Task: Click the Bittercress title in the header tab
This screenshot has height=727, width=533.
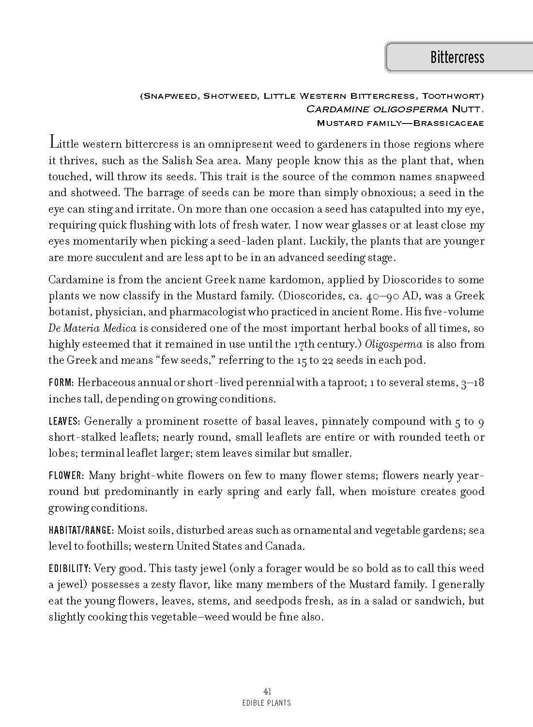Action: [x=457, y=58]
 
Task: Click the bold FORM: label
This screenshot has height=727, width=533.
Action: [x=61, y=383]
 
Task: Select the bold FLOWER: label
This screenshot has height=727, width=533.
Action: [x=67, y=475]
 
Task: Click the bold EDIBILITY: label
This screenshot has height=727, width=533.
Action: [x=70, y=568]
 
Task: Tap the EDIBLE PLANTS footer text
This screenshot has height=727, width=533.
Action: [x=267, y=702]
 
